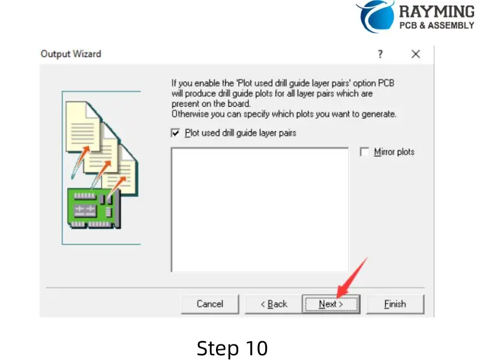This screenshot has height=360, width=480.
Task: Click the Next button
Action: pyautogui.click(x=331, y=304)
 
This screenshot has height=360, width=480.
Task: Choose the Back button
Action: pyautogui.click(x=274, y=304)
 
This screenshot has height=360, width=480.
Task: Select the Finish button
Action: pyautogui.click(x=395, y=304)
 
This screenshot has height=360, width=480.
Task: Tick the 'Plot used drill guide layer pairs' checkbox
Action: pyautogui.click(x=176, y=133)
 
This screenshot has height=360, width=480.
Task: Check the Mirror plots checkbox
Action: pyautogui.click(x=364, y=152)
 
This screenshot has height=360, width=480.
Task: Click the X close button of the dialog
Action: pyautogui.click(x=416, y=54)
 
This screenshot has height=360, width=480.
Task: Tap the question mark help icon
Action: pyautogui.click(x=380, y=54)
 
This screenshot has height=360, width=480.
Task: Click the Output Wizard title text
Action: pyautogui.click(x=71, y=54)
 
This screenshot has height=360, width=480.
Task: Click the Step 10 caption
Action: pyautogui.click(x=232, y=348)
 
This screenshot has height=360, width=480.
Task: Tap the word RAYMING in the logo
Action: pyautogui.click(x=436, y=11)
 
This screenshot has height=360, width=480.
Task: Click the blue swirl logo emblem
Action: pyautogui.click(x=376, y=15)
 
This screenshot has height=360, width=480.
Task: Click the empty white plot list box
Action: pyautogui.click(x=259, y=210)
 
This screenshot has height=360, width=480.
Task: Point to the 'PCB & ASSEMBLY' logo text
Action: pyautogui.click(x=437, y=26)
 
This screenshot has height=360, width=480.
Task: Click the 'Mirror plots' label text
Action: pyautogui.click(x=394, y=152)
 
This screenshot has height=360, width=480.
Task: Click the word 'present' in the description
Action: pyautogui.click(x=185, y=104)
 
